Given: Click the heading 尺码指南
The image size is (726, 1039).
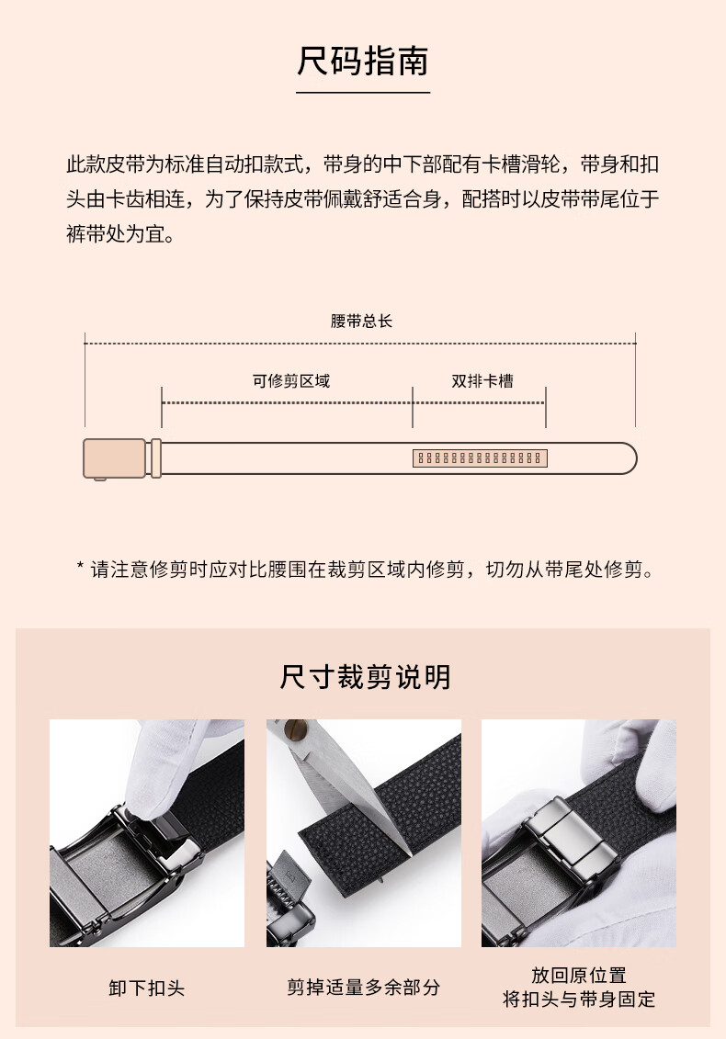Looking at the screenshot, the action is (363, 61).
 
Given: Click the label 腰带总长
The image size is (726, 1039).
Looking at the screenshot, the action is (361, 322).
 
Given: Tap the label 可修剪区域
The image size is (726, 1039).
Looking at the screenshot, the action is (291, 381).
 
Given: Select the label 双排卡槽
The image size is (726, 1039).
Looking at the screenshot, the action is (482, 381).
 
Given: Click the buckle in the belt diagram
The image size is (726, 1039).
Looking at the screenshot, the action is (114, 457).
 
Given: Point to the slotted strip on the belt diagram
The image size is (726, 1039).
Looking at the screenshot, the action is (480, 457).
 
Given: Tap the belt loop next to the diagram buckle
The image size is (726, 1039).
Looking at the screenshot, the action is (156, 457).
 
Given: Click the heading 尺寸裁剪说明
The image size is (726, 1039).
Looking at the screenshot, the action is (366, 677).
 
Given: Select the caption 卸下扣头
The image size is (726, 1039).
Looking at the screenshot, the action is (146, 988).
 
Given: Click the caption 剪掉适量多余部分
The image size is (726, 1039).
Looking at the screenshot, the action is (363, 988).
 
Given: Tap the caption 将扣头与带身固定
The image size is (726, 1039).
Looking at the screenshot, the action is (579, 999).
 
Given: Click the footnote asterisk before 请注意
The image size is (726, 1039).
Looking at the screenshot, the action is (80, 567).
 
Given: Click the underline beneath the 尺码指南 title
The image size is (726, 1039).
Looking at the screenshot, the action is (363, 93).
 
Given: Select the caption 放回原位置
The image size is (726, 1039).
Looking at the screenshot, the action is (579, 975).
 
